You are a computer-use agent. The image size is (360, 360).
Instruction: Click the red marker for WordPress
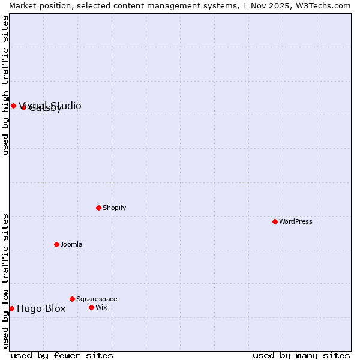tap(275, 221)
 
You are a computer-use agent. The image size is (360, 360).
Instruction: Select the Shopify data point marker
tap(98, 208)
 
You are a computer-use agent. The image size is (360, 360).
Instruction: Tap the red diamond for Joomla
tap(56, 244)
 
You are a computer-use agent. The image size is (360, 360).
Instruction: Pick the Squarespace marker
tap(72, 299)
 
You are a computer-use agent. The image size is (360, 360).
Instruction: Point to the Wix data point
tap(91, 307)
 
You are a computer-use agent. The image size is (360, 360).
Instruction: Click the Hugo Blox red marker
tap(11, 308)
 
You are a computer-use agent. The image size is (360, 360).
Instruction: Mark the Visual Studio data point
tap(13, 106)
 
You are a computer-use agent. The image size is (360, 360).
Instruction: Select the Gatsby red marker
tap(24, 108)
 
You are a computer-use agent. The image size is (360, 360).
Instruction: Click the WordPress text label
tap(296, 221)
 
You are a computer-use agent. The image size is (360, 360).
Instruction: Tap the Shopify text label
tap(114, 208)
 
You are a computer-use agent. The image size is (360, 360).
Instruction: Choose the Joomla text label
tap(71, 244)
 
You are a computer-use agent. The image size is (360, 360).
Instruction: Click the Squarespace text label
tap(97, 299)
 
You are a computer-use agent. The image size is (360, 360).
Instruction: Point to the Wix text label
tap(101, 307)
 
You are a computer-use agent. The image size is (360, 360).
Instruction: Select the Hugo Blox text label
tap(41, 309)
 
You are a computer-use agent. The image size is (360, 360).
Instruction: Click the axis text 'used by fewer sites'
tap(62, 355)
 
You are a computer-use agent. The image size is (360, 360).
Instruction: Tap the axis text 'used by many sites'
tap(301, 355)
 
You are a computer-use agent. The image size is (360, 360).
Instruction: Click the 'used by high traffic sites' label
tap(5, 85)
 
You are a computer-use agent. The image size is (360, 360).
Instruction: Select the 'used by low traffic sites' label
tap(5, 281)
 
